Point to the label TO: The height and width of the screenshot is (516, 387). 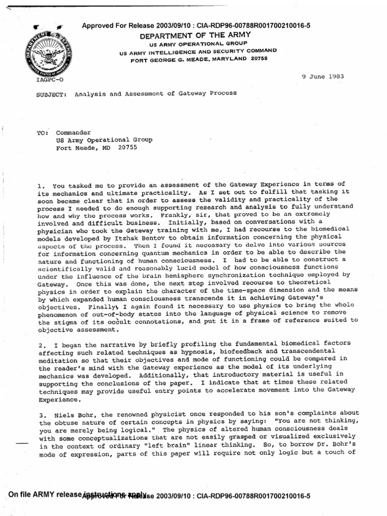(x=42, y=133)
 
